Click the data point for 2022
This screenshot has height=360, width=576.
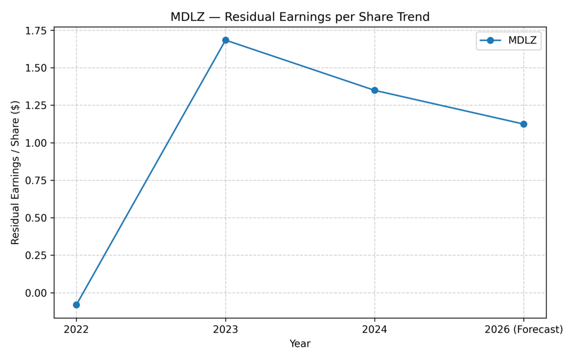tap(76, 305)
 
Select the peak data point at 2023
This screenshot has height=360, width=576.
tap(226, 40)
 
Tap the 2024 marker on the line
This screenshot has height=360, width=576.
tap(375, 90)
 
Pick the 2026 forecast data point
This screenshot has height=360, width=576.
tap(524, 124)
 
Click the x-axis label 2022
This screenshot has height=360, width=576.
tap(76, 330)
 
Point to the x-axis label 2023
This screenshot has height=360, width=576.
tap(226, 330)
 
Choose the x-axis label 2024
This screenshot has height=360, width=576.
tap(375, 330)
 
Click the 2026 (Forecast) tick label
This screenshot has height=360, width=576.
tap(524, 330)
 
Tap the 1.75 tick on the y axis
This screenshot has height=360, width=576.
tap(37, 30)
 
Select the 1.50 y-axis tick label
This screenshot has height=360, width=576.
tap(37, 68)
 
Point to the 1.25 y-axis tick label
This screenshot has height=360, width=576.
tap(37, 105)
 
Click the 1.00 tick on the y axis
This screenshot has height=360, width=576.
tap(37, 143)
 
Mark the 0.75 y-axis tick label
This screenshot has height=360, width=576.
tap(37, 181)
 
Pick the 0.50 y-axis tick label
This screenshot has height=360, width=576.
tap(37, 218)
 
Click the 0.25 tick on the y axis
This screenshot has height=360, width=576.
tap(37, 255)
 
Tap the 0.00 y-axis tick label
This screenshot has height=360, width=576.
tap(37, 293)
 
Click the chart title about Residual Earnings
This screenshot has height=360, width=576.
tap(300, 17)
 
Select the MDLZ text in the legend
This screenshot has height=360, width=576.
tap(522, 40)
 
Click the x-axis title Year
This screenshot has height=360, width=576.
tap(300, 344)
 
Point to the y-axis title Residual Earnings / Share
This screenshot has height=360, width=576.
tap(15, 172)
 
